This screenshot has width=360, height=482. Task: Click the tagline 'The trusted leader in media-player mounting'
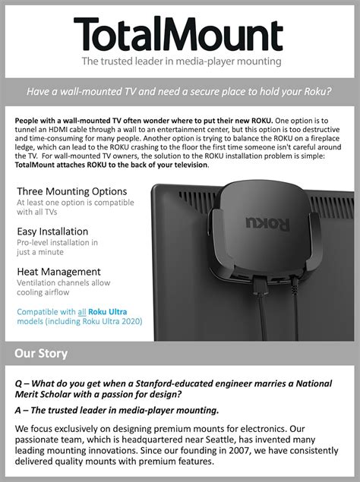click(x=179, y=61)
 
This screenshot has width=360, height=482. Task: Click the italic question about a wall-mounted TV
click(x=179, y=92)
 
